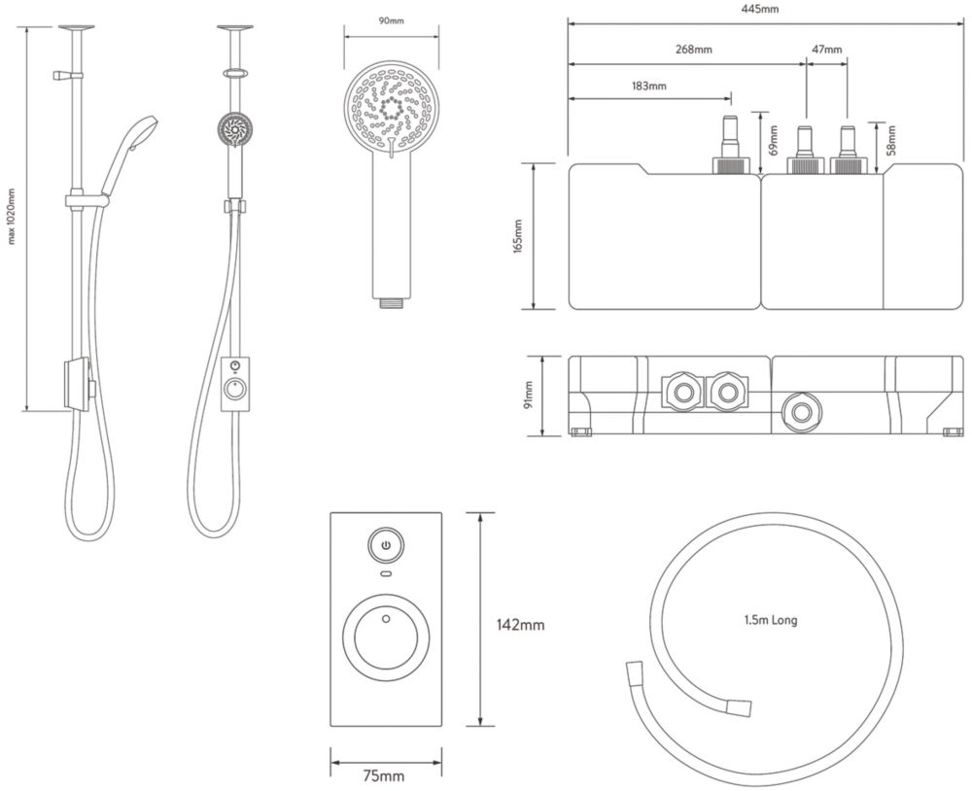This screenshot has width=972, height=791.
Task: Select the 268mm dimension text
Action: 694,49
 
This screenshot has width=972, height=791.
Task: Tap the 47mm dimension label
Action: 827,49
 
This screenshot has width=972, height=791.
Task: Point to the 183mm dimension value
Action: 649,86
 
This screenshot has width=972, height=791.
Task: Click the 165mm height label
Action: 519,235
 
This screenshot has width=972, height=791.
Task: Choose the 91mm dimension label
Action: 529,395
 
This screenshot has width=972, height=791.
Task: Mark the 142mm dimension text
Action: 521,625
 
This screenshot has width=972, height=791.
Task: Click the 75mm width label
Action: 384,775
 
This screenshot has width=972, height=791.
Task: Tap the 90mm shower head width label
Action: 391,21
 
